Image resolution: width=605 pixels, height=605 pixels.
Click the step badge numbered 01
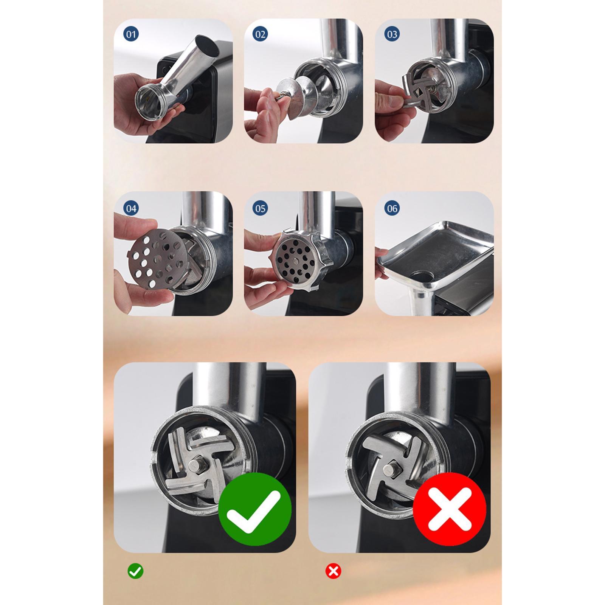point(131,34)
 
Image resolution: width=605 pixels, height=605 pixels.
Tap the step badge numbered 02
point(260,34)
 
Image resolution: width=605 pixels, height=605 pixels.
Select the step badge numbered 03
point(392,34)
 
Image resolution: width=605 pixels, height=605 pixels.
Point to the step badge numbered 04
point(131,208)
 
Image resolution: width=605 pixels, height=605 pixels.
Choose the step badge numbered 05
point(260,208)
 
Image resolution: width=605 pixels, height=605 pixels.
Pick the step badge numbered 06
point(392,208)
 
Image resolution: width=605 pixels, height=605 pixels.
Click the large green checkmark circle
point(255,509)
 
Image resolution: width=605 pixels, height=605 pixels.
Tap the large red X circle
point(450,509)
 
